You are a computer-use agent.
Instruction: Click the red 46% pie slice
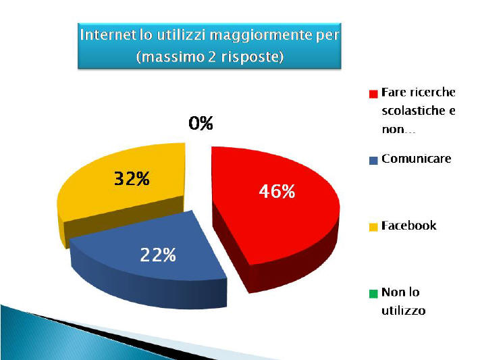click(275, 215)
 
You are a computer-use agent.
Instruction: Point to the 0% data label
click(201, 123)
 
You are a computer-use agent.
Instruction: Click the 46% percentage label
click(277, 192)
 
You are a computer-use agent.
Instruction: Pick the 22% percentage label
click(158, 255)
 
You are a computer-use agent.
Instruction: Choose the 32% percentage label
click(132, 178)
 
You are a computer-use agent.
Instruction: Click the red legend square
click(373, 94)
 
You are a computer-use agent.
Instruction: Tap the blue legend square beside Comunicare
click(373, 161)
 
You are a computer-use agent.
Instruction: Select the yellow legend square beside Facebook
click(373, 227)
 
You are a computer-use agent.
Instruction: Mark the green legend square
click(373, 294)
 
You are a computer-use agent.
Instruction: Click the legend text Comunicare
click(417, 159)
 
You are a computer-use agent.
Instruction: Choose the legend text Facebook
click(408, 226)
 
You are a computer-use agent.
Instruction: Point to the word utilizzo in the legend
click(404, 311)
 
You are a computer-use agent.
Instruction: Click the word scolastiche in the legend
click(412, 110)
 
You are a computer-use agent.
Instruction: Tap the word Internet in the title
click(108, 35)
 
